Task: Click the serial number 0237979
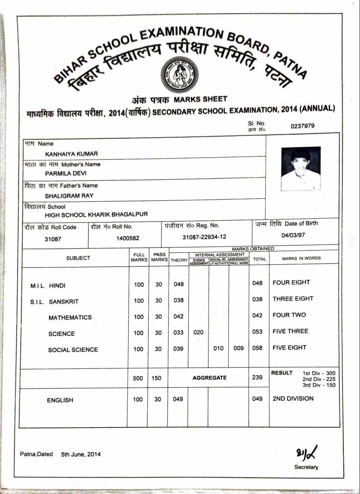tap(303, 126)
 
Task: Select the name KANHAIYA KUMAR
tap(72, 154)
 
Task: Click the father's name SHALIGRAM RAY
tap(69, 195)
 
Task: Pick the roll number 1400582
tap(128, 239)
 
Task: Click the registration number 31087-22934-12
tap(204, 237)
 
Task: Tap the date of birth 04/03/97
tap(293, 235)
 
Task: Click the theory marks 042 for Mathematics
tap(179, 316)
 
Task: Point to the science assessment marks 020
tap(199, 332)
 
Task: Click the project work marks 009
tap(238, 348)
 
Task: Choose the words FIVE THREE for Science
tap(290, 331)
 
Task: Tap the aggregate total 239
tap(258, 377)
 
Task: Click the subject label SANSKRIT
tap(64, 301)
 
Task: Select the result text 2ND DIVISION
tap(293, 398)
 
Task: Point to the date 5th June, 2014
tap(81, 454)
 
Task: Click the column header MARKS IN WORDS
tap(301, 258)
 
